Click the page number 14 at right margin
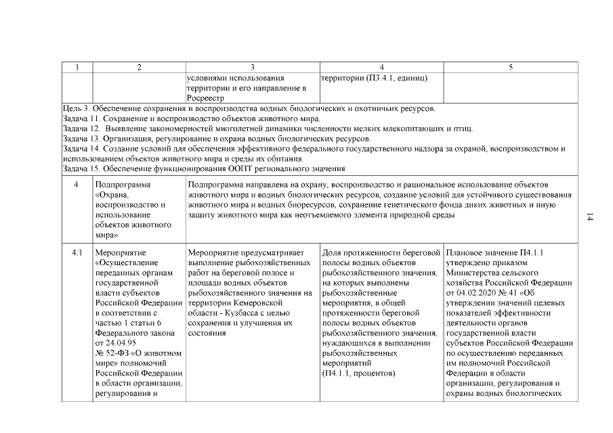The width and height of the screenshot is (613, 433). point(590,217)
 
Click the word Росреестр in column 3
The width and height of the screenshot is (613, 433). point(206,98)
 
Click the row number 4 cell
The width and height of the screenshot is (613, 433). point(77,184)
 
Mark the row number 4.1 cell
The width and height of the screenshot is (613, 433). point(77,253)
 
